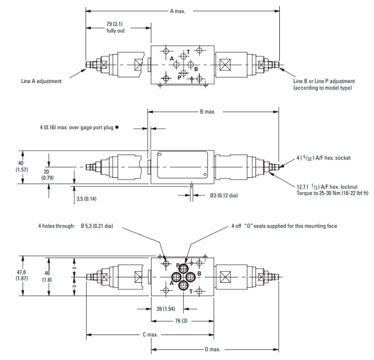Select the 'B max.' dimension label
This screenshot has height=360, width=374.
click(x=208, y=112)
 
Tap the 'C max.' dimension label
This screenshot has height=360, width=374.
click(x=150, y=335)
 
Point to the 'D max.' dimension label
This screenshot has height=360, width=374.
click(x=213, y=349)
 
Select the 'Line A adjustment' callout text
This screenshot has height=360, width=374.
click(x=41, y=81)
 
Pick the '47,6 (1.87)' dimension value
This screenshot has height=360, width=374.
click(x=22, y=274)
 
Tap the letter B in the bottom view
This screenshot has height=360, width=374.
click(x=199, y=273)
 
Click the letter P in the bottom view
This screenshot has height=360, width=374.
click(x=178, y=265)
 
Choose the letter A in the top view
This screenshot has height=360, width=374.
click(x=171, y=58)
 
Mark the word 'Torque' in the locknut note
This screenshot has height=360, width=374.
click(x=305, y=193)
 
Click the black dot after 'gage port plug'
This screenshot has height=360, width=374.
click(x=117, y=127)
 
